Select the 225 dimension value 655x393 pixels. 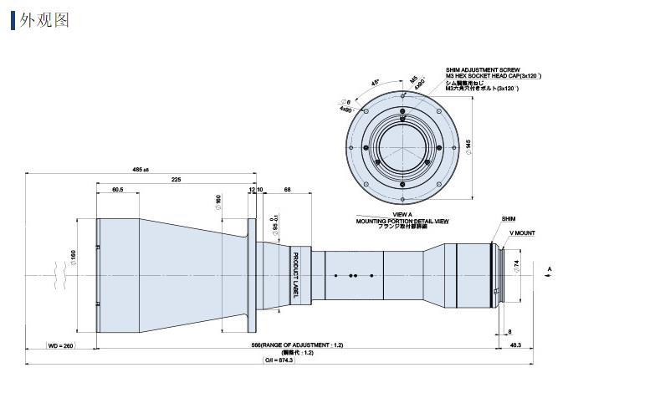pyautogui.click(x=176, y=179)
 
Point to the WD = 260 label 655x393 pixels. pyautogui.click(x=61, y=345)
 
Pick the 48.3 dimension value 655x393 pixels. pyautogui.click(x=515, y=345)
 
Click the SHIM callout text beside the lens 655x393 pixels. pyautogui.click(x=509, y=219)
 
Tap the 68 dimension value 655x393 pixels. pyautogui.click(x=287, y=191)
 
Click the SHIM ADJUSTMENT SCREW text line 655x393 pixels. pyautogui.click(x=484, y=70)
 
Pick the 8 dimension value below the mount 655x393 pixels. pyautogui.click(x=510, y=332)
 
